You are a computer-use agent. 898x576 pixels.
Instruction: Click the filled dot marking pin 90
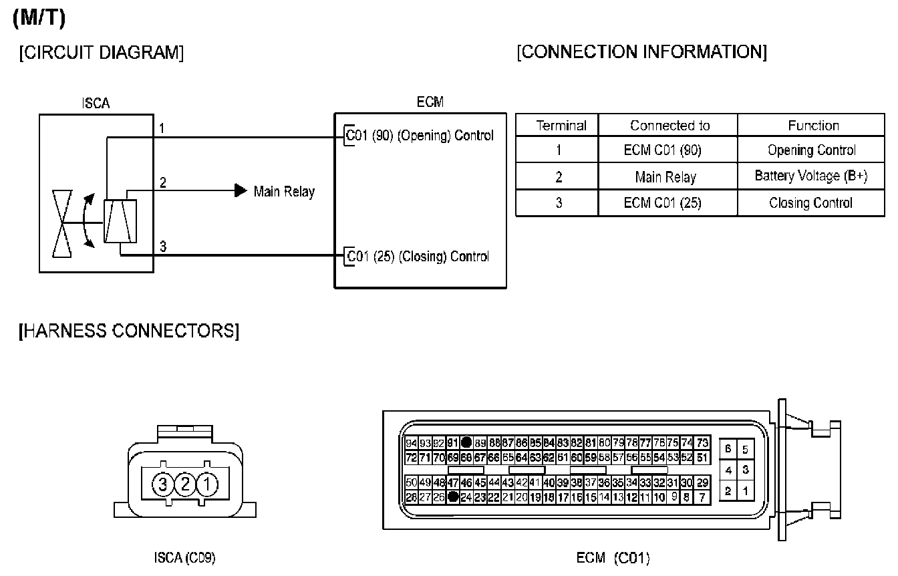(466, 442)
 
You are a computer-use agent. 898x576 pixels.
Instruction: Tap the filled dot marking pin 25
(453, 496)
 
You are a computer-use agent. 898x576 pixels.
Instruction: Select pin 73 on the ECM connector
(702, 442)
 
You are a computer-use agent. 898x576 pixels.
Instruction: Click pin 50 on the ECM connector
(412, 482)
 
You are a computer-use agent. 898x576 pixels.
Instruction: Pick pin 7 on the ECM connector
(702, 496)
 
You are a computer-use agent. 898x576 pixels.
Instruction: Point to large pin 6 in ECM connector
(728, 449)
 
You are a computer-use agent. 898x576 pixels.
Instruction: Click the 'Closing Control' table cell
(810, 203)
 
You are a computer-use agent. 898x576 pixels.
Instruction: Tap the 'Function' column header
(813, 126)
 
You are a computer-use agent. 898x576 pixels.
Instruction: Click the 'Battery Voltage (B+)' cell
(810, 176)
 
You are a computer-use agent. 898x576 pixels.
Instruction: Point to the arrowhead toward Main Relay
(241, 191)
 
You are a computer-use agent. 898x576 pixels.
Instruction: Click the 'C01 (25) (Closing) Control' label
(418, 257)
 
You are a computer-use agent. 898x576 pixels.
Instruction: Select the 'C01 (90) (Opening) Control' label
(420, 136)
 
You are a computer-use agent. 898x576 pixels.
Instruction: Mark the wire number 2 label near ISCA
(162, 182)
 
